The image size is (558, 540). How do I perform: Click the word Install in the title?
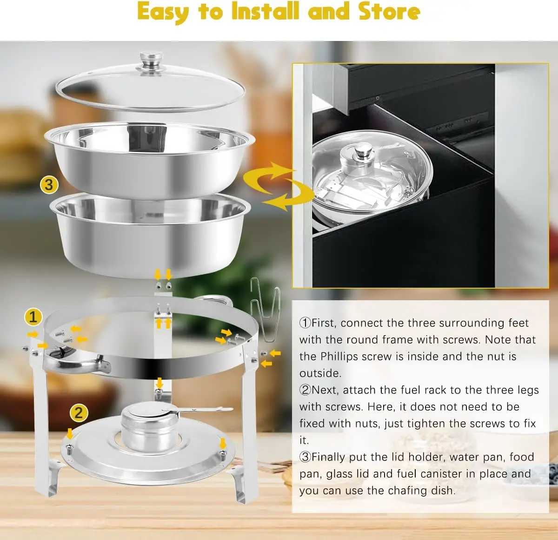(x=266, y=11)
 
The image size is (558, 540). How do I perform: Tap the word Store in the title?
(x=389, y=11)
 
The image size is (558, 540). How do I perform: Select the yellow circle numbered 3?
(x=49, y=185)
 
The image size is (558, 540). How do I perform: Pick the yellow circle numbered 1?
(x=33, y=317)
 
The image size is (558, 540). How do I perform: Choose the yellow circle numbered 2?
(x=79, y=413)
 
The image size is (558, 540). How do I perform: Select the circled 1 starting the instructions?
(x=305, y=323)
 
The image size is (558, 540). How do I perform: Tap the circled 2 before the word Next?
(x=305, y=390)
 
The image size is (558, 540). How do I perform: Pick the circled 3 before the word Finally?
(x=305, y=457)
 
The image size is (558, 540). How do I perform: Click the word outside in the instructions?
(x=320, y=373)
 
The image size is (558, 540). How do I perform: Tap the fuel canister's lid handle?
(x=205, y=410)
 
